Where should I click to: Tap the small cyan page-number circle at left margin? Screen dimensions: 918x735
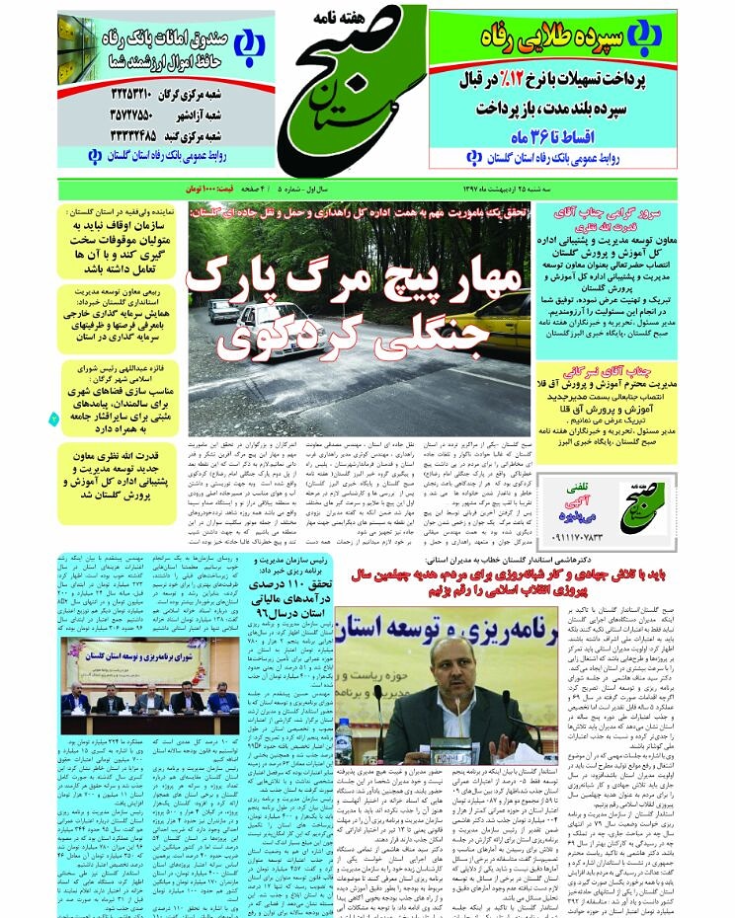point(54,419)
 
